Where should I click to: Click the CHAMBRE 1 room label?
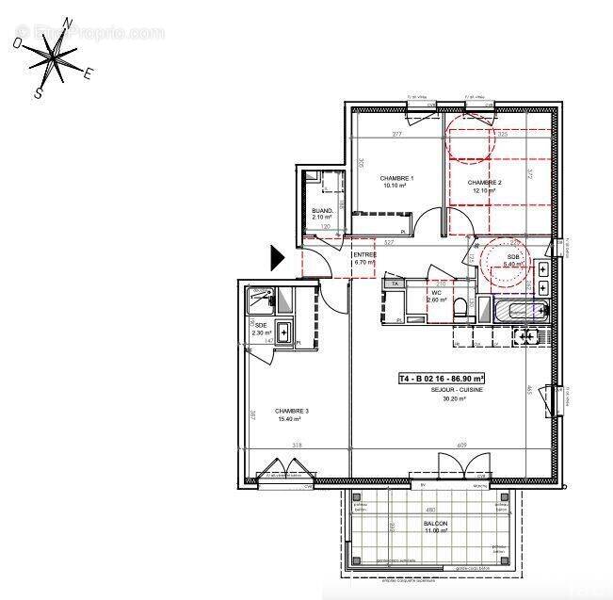(x=396, y=178)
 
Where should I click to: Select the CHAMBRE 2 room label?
(x=485, y=183)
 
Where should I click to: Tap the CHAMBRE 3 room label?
(x=292, y=411)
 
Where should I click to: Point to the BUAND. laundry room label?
(x=322, y=211)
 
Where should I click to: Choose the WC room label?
(x=437, y=292)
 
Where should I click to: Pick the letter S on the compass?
(x=39, y=92)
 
